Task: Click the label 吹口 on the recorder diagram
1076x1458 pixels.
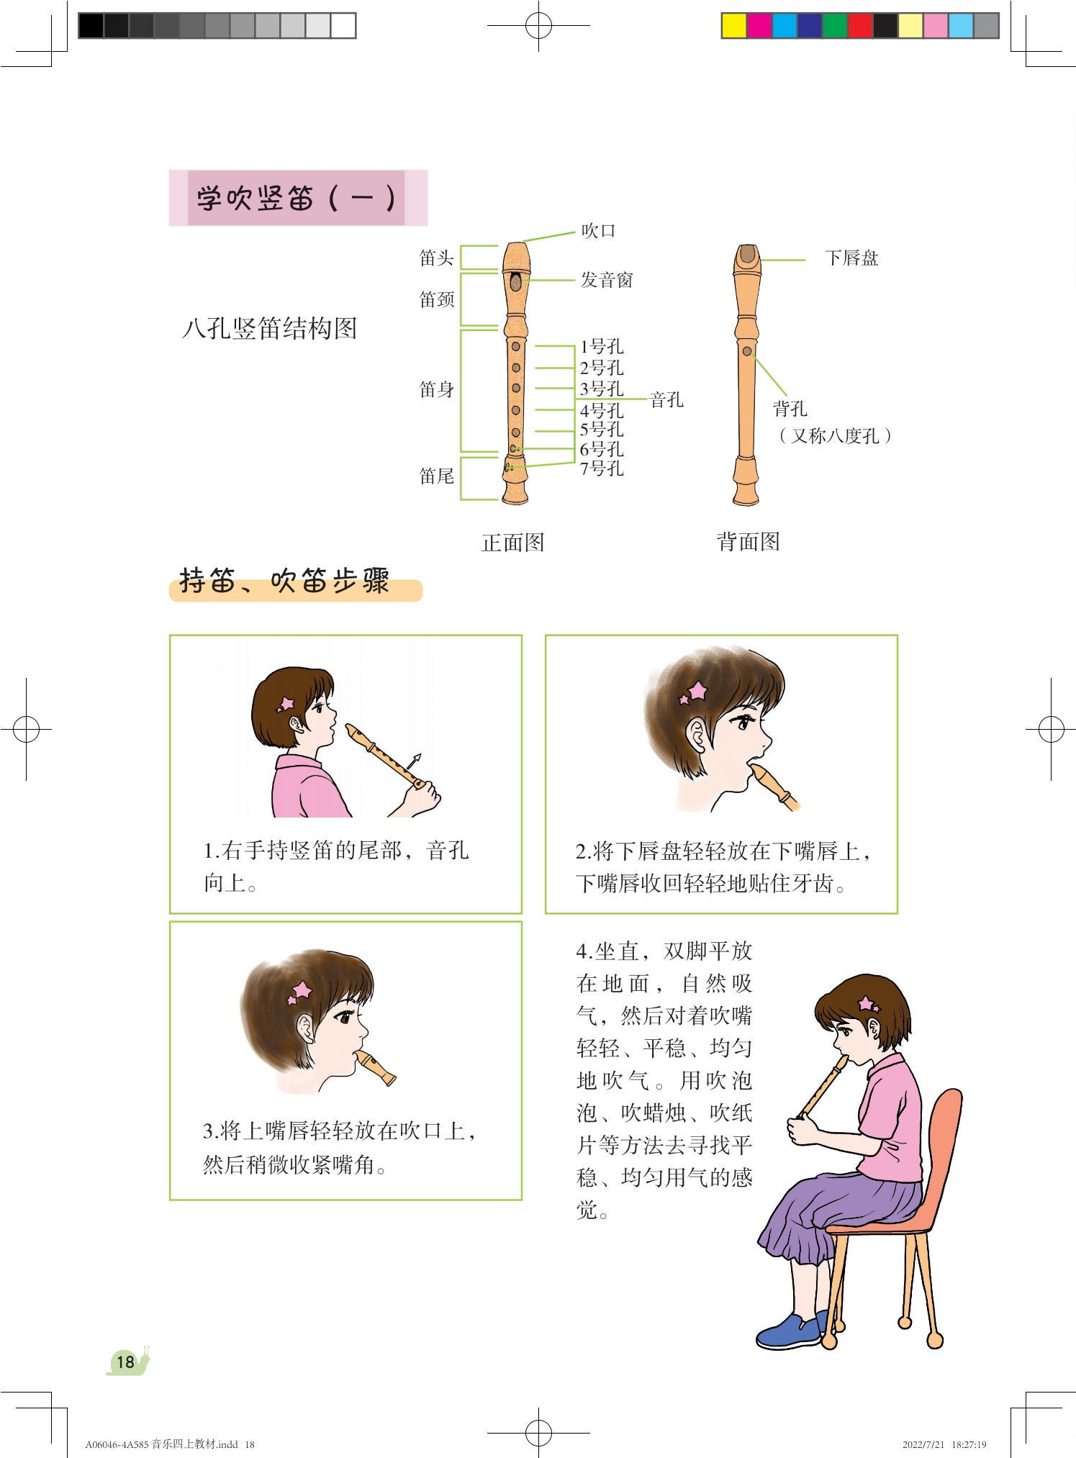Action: tap(598, 231)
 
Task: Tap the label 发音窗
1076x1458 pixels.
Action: tap(607, 280)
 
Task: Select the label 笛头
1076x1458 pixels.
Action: tap(437, 258)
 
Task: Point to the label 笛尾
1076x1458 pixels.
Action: tap(437, 476)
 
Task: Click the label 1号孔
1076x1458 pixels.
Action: tap(602, 347)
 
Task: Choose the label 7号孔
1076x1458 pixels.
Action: tap(602, 468)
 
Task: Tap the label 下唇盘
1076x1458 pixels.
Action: tap(852, 258)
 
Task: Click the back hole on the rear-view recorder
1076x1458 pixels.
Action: tap(747, 351)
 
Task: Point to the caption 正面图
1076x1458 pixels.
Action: tap(513, 543)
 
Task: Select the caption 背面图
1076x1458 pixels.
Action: tap(749, 541)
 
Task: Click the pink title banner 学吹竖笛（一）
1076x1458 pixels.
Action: tap(298, 198)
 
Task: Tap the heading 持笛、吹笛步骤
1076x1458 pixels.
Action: tap(285, 581)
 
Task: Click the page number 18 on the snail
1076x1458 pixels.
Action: tap(125, 1362)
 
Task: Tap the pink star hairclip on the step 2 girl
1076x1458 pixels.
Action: tap(695, 693)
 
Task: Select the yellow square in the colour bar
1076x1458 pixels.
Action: tap(734, 25)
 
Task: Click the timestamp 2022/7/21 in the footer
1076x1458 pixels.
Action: tap(923, 1444)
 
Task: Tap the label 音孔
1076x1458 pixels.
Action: tap(666, 399)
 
